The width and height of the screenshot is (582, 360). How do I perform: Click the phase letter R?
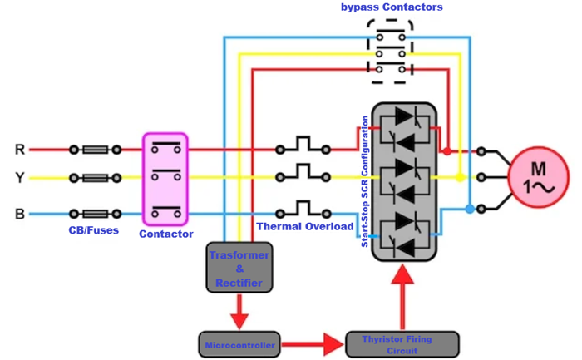(20, 149)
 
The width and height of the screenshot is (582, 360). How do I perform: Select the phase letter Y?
(20, 178)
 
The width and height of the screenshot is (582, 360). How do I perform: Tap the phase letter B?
(20, 214)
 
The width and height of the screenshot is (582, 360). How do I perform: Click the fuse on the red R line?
(96, 150)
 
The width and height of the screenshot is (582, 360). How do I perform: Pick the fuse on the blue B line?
(96, 214)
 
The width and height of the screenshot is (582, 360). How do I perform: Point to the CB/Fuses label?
(93, 230)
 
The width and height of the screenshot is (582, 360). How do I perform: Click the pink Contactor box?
(165, 180)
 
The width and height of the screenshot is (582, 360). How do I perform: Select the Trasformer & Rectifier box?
(239, 267)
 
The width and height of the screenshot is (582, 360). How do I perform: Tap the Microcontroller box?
(239, 344)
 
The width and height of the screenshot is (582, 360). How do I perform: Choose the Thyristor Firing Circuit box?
(402, 344)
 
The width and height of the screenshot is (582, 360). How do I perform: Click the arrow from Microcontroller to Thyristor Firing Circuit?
(313, 344)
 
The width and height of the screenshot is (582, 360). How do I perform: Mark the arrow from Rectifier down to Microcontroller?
(239, 312)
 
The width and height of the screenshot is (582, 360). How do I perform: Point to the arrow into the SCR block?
(402, 297)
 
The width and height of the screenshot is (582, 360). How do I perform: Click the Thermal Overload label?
(305, 226)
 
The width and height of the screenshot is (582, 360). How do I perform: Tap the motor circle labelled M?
(538, 177)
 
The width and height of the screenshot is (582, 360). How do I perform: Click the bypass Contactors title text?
(392, 7)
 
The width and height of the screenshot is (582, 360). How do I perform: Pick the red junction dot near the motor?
(447, 151)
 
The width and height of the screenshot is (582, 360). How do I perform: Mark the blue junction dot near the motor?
(470, 209)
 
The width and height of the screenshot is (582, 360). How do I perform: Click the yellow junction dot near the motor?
(461, 177)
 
